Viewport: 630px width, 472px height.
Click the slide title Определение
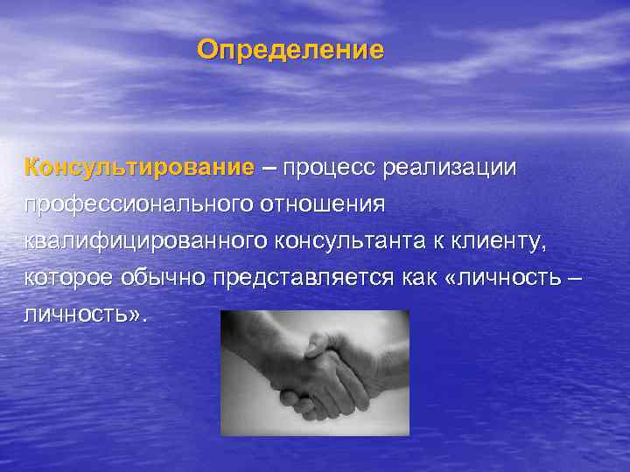point(290,50)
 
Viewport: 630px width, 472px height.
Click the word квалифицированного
point(145,240)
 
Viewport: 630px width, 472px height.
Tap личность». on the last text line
point(86,315)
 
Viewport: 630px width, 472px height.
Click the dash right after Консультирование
point(268,167)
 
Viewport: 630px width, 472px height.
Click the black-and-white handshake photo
point(315,373)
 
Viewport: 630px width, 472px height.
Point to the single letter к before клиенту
point(450,241)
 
